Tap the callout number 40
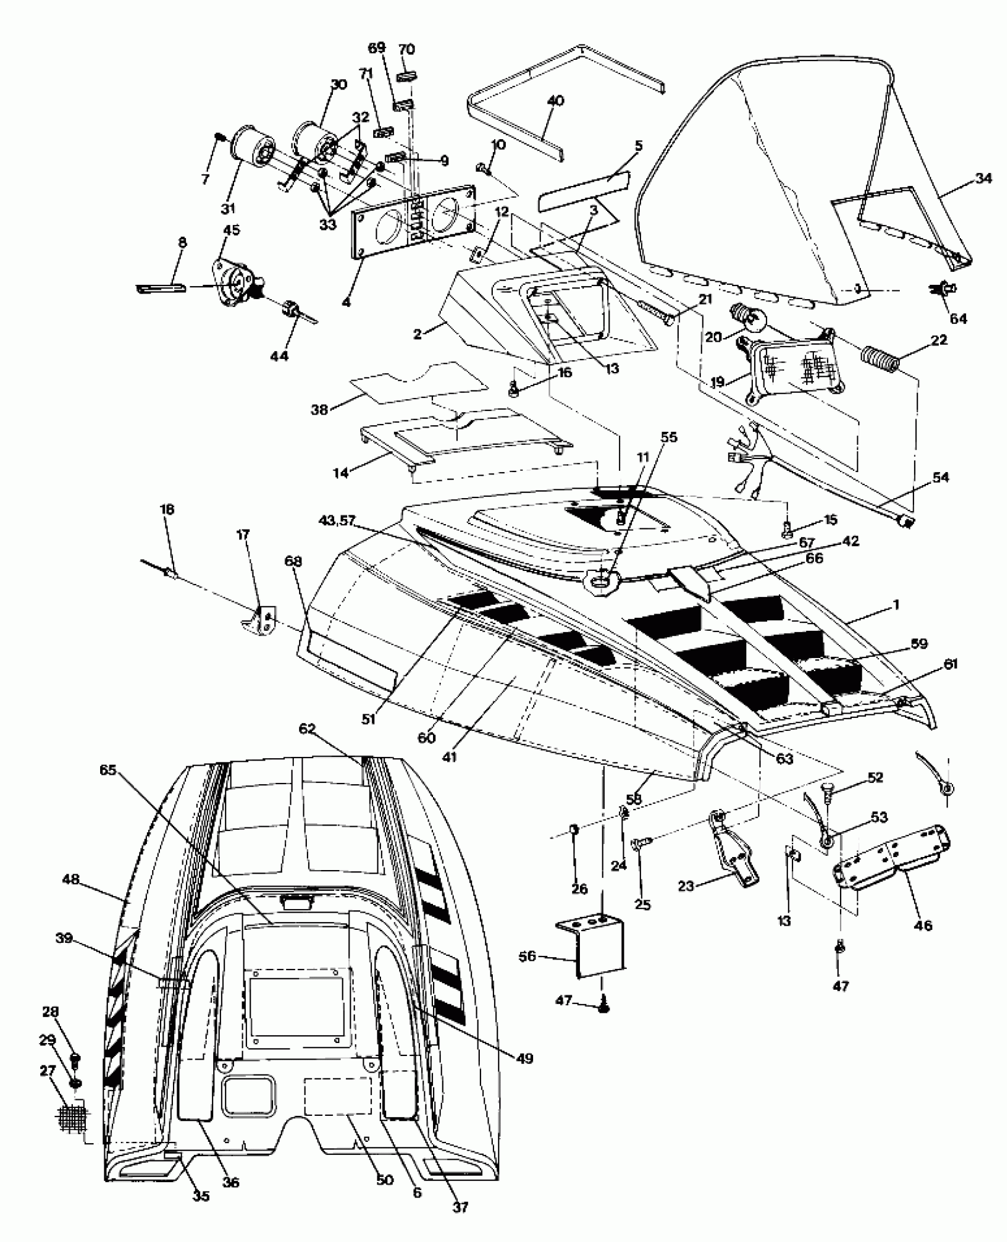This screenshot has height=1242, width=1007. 556,101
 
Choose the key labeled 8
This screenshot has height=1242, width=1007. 161,288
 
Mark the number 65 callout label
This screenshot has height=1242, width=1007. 109,771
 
